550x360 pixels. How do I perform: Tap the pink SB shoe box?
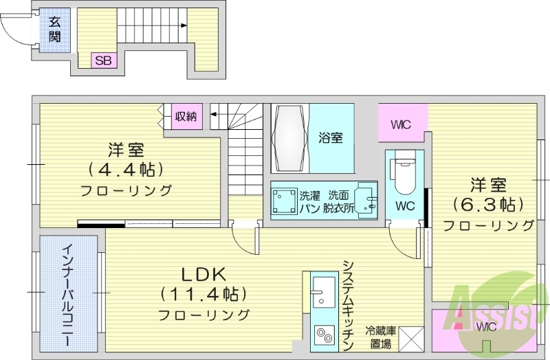pyautogui.click(x=103, y=60)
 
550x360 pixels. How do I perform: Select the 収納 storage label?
pyautogui.click(x=185, y=117)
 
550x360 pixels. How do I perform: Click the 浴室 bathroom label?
pyautogui.click(x=331, y=137)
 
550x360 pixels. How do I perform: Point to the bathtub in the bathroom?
pyautogui.click(x=289, y=137)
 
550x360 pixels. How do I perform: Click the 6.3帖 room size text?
pyautogui.click(x=488, y=204)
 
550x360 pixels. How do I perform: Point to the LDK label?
pyautogui.click(x=203, y=273)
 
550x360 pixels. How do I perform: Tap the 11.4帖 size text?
pyautogui.click(x=203, y=294)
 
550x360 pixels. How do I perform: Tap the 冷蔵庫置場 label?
pyautogui.click(x=380, y=337)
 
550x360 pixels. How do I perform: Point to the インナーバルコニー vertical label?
pyautogui.click(x=67, y=295)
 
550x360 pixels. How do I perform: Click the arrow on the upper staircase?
pyautogui.click(x=184, y=25)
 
